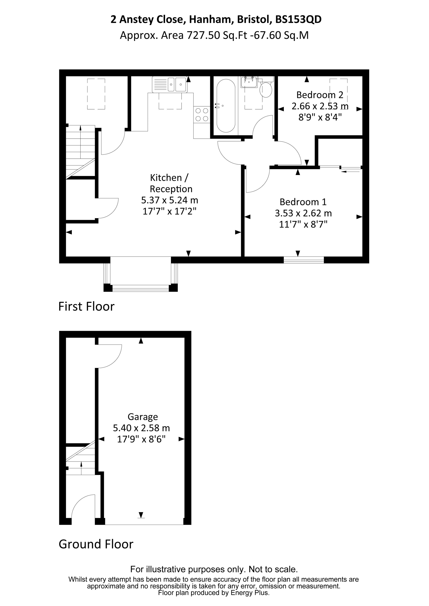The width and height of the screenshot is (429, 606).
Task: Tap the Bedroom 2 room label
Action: coord(320,95)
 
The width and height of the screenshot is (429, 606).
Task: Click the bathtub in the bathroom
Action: coord(226,106)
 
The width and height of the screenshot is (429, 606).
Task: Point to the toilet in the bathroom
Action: coord(266,87)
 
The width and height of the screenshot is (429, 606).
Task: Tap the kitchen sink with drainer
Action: coord(170,84)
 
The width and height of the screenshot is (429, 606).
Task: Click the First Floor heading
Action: coord(86,306)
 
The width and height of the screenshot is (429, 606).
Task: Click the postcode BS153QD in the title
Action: coord(298,19)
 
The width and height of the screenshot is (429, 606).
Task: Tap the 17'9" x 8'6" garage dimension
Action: coord(141,439)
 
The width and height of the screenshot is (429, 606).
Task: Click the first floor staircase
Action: coord(80,152)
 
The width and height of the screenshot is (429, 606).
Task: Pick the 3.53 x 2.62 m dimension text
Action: coord(303,213)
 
